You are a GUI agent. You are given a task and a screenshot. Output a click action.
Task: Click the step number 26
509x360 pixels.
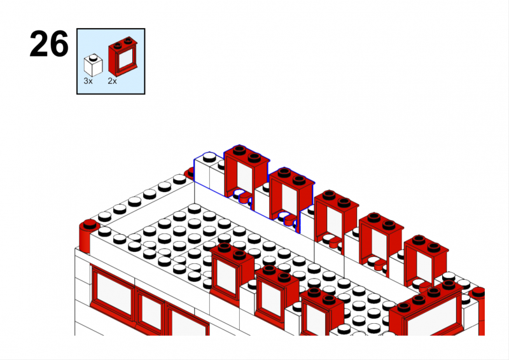pos(49,44)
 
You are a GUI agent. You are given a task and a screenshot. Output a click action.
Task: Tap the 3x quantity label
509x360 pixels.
pos(88,81)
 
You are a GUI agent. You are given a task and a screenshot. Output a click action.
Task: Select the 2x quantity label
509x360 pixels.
pos(113,81)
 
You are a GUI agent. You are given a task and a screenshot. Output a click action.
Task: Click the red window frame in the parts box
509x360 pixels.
pos(123,57)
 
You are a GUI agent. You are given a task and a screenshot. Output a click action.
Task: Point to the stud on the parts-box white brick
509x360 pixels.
pos(93,57)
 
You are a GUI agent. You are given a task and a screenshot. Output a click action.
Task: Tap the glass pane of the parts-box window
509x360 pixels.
pos(126,59)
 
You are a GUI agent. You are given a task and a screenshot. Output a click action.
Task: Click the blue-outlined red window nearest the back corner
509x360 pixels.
pos(246,172)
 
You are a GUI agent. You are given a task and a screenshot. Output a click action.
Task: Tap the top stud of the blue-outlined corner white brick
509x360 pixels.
pos(209,158)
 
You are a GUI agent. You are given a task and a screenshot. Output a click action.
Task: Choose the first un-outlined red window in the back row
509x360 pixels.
pos(336,218)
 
